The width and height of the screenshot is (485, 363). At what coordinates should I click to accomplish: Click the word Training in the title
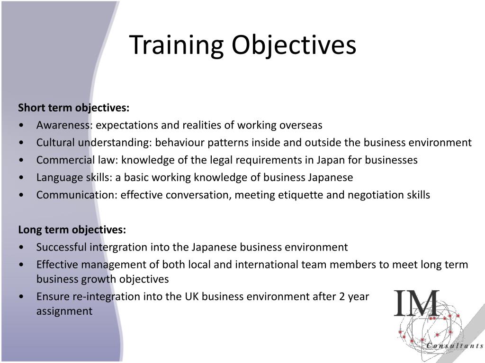[x=176, y=46]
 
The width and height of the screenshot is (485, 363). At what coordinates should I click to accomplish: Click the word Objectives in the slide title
[x=294, y=46]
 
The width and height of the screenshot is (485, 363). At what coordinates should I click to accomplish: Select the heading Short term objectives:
[x=73, y=108]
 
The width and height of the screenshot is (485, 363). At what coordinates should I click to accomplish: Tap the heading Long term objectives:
[x=72, y=230]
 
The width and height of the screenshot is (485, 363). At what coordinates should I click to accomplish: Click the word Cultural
[x=56, y=143]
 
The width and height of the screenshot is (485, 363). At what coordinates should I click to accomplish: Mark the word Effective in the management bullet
[x=56, y=265]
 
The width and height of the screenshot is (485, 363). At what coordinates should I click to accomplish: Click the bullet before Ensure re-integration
[x=23, y=297]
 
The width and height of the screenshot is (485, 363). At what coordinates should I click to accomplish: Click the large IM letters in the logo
[x=417, y=304]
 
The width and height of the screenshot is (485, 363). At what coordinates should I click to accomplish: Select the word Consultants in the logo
[x=454, y=346]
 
